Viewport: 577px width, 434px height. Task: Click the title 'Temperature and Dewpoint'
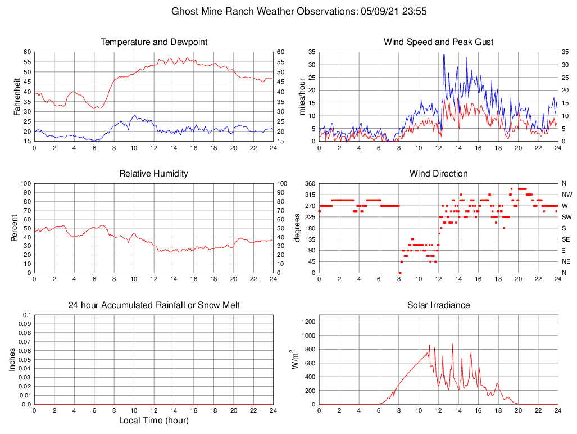pos(153,42)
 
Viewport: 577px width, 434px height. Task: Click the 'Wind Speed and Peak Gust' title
pos(438,42)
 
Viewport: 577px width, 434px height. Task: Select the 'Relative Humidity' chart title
pos(153,174)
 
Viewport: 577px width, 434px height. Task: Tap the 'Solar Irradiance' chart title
pos(438,305)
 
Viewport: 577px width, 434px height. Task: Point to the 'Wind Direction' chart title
pos(438,174)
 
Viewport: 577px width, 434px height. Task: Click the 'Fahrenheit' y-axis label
pos(17,96)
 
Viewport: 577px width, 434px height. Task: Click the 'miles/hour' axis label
pos(302,96)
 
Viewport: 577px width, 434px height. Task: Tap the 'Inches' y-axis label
pos(12,359)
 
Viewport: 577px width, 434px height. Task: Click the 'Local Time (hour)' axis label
pos(153,421)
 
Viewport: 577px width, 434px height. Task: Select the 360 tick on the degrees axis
pos(309,184)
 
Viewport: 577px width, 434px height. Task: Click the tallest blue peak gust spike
pos(444,55)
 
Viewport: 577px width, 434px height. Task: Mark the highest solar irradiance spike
pos(452,344)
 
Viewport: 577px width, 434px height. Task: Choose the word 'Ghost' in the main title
pos(184,11)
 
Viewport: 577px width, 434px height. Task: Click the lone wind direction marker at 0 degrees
pos(399,273)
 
